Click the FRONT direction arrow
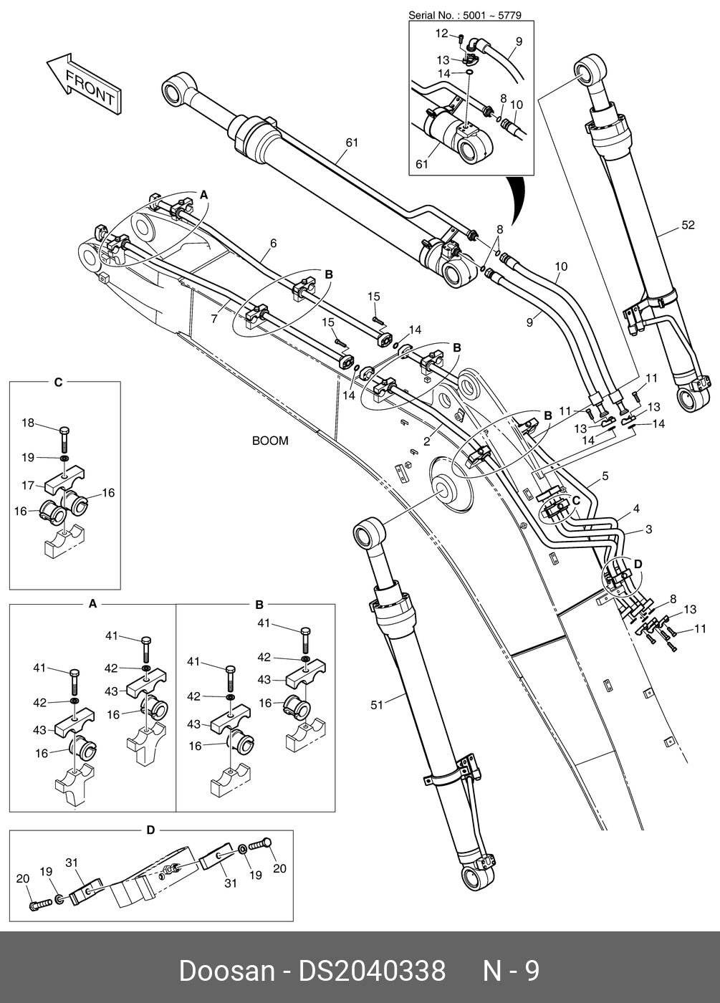(84, 85)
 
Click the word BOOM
(270, 441)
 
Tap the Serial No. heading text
(465, 15)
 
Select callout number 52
(688, 225)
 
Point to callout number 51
(377, 705)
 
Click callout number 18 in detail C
(28, 423)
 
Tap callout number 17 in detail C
(28, 485)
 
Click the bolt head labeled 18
(64, 431)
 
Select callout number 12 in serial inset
(441, 34)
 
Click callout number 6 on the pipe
(273, 243)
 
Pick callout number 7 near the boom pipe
(214, 319)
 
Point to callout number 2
(427, 441)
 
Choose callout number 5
(605, 476)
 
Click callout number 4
(636, 509)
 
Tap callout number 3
(649, 529)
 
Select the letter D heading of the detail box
(150, 830)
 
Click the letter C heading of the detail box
(58, 382)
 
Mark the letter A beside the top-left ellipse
(203, 195)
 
